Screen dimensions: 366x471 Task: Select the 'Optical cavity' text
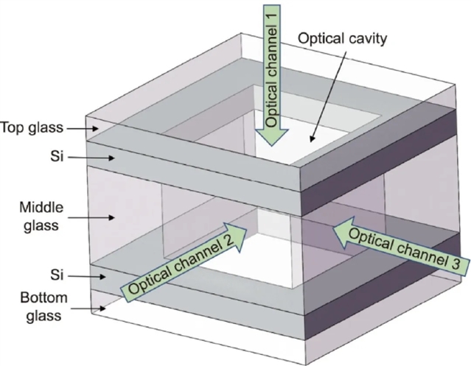(341, 38)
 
